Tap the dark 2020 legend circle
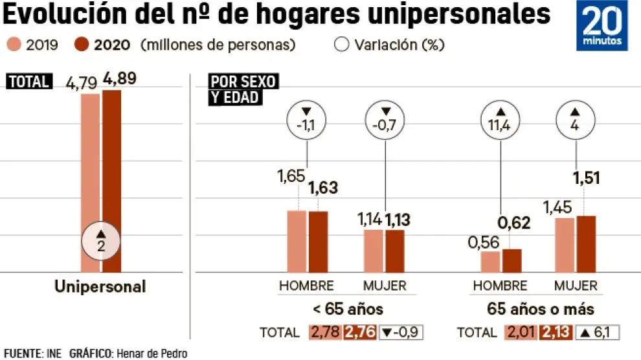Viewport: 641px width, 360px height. point(81,45)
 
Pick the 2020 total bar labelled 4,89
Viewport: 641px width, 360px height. point(111,181)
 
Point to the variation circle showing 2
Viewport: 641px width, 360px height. point(101,242)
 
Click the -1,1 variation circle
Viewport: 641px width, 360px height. point(306,120)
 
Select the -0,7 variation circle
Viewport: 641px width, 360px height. point(385,120)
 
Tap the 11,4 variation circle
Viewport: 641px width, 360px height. point(500,120)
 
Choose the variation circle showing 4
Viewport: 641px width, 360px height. point(576,120)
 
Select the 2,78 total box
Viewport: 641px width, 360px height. point(325,333)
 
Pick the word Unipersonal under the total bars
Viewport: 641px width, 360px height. point(100,287)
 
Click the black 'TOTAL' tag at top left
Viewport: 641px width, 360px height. point(28,82)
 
